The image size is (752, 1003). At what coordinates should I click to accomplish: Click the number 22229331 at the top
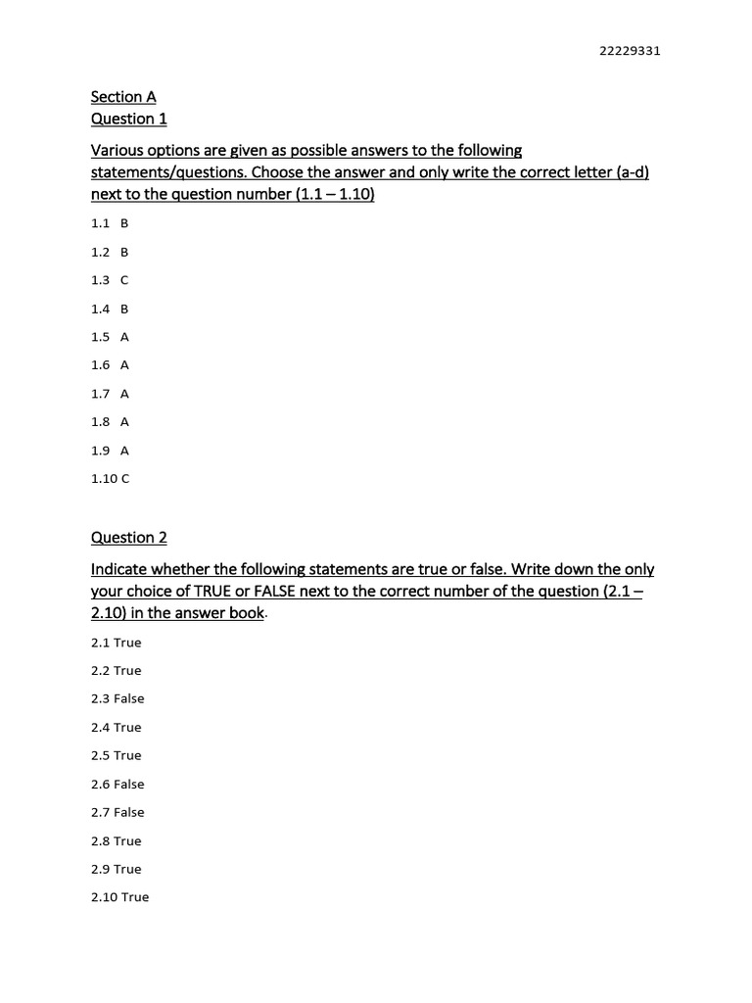[630, 52]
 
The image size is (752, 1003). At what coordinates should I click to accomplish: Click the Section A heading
[123, 97]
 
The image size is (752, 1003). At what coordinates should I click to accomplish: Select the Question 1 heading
[129, 119]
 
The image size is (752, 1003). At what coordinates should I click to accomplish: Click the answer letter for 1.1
[124, 223]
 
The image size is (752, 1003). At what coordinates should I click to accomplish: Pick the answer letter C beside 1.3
[124, 280]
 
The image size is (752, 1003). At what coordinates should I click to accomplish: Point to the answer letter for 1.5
[124, 337]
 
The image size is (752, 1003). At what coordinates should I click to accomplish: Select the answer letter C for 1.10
[125, 479]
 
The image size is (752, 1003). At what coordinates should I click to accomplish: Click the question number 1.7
[100, 394]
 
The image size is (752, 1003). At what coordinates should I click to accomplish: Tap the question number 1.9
[100, 451]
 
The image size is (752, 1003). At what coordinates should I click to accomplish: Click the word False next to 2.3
[128, 699]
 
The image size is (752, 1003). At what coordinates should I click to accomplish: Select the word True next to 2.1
[127, 643]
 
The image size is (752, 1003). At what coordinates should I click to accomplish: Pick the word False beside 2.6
[128, 785]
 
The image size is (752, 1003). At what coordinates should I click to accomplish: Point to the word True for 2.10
[135, 897]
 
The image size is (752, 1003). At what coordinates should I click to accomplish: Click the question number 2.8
[101, 841]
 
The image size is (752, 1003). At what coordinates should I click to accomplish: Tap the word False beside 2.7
[128, 813]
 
